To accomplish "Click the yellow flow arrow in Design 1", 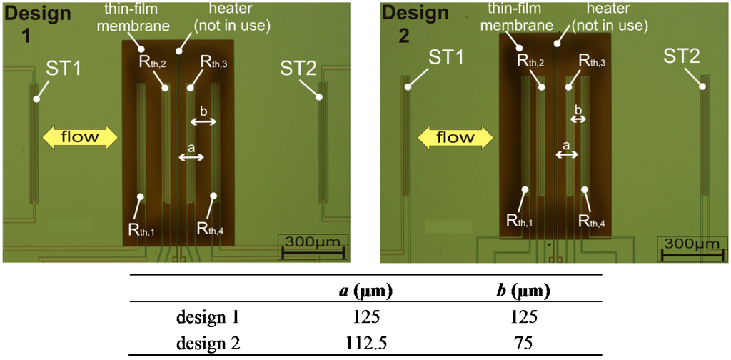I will (80, 136).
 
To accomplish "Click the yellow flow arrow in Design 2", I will (455, 136).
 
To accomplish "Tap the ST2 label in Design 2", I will (682, 55).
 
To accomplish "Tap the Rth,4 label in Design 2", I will (593, 221).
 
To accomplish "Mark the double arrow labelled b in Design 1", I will (203, 122).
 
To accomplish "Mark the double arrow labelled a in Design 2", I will (567, 154).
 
